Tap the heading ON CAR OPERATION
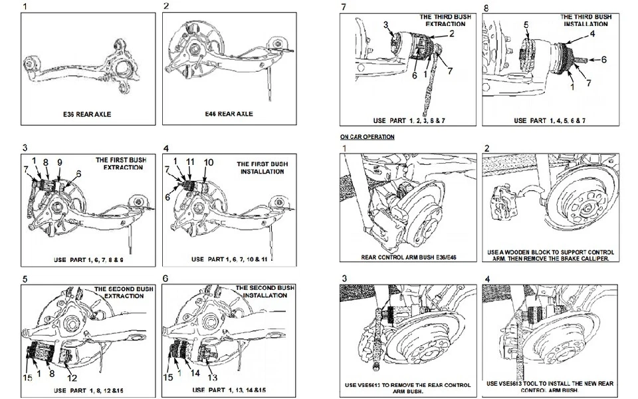tap(367, 137)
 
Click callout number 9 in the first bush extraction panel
tap(59, 162)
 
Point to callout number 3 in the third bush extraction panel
tap(385, 25)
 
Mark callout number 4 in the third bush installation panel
tap(592, 33)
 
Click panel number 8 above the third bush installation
tap(486, 7)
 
